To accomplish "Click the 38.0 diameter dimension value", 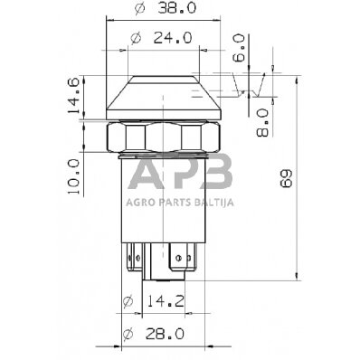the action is pyautogui.click(x=176, y=8).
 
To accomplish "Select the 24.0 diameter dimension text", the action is pyautogui.click(x=173, y=38).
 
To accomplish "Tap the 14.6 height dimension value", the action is pyautogui.click(x=73, y=96).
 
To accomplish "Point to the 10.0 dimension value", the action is pyautogui.click(x=73, y=176).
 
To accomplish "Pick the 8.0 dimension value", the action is pyautogui.click(x=262, y=123).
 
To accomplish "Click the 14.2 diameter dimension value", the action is pyautogui.click(x=166, y=301).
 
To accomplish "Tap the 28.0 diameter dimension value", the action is pyautogui.click(x=165, y=334).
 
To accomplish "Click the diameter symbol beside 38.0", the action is pyautogui.click(x=139, y=8).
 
